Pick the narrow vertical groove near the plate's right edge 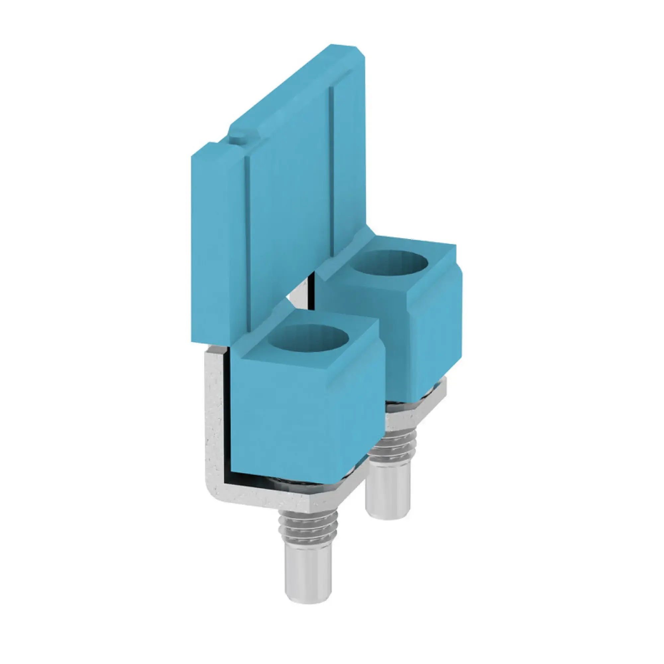point(332,172)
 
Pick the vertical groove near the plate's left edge point(247,241)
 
